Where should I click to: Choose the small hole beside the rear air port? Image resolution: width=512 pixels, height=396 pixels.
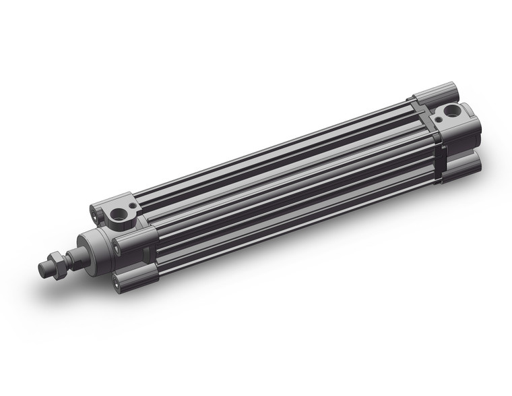(439, 118)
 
